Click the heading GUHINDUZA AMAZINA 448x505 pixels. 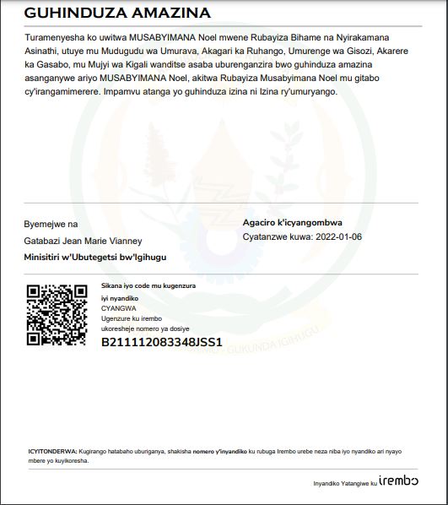pos(117,14)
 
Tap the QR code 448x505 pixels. pos(57,315)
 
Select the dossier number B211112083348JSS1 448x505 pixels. pos(161,342)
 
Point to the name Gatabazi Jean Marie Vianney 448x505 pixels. pos(83,241)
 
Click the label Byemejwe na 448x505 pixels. pos(51,224)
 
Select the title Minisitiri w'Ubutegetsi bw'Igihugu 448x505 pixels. pos(95,256)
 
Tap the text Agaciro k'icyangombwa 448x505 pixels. pos(292,223)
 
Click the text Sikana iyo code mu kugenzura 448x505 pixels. pos(148,286)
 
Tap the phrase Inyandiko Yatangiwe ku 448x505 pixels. pos(344,484)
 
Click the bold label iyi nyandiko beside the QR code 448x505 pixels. pos(120,298)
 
